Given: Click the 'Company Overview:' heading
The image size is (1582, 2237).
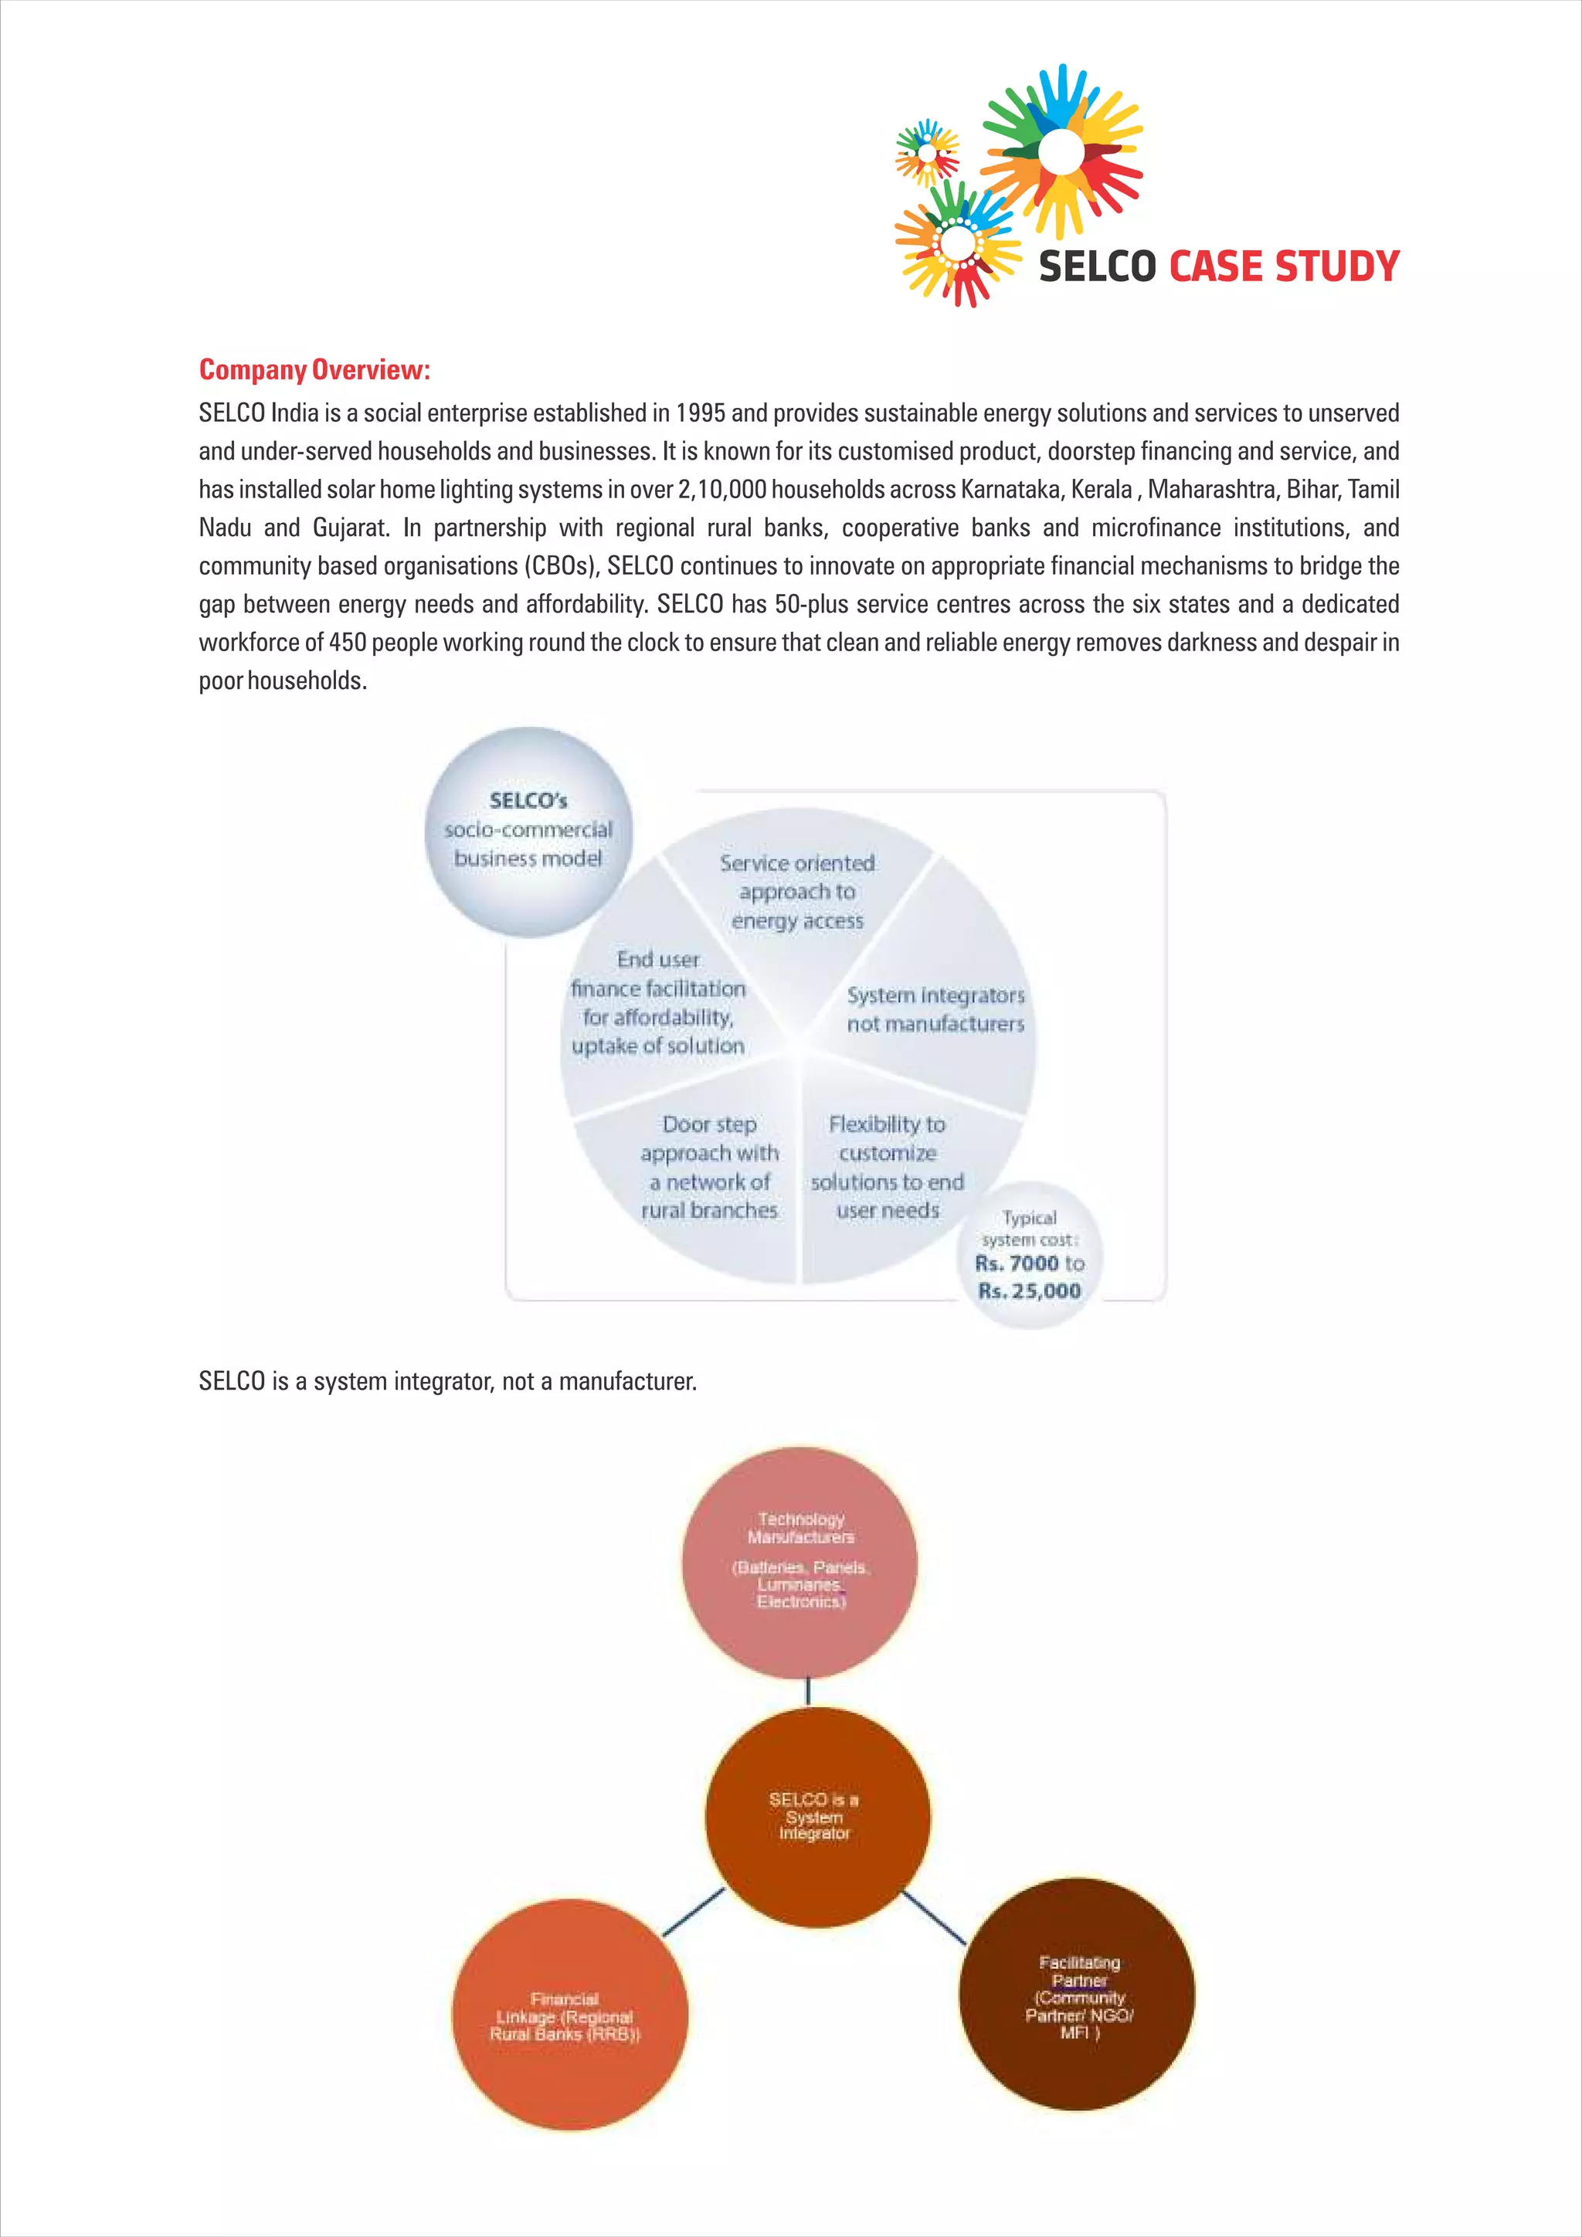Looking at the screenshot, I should [x=314, y=370].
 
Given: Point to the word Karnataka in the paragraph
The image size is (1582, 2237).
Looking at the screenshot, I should [x=1009, y=489].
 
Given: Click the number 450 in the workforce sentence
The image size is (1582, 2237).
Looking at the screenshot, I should [x=348, y=643].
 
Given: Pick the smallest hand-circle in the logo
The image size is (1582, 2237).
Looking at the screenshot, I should [x=926, y=153].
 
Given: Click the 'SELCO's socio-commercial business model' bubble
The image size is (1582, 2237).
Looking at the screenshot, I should [x=528, y=830].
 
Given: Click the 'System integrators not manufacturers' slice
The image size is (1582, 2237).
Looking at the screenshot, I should [x=935, y=1010].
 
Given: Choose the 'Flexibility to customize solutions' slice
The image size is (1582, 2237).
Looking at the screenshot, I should [x=887, y=1167].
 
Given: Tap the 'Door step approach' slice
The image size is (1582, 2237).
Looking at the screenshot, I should [x=709, y=1167].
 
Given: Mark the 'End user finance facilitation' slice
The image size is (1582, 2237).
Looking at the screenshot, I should [x=658, y=1003].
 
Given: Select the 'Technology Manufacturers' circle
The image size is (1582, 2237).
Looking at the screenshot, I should [x=799, y=1562].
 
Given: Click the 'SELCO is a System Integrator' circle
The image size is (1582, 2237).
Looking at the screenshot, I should [x=816, y=1816].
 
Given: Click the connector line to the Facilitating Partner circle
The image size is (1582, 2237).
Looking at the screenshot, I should [x=933, y=1916].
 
